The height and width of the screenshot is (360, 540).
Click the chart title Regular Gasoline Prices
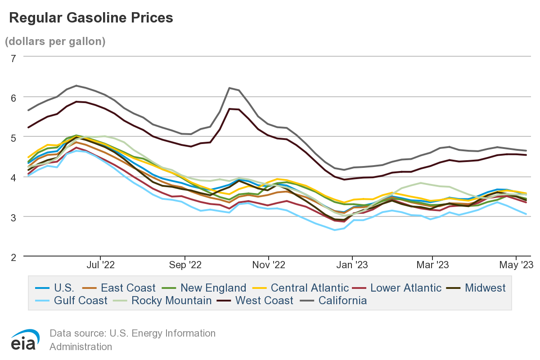[x=91, y=18]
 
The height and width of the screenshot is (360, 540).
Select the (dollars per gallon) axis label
[x=55, y=41]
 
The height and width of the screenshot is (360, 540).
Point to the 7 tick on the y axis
[x=13, y=58]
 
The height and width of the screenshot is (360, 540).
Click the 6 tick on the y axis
[x=13, y=97]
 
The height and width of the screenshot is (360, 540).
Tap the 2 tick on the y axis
[x=13, y=256]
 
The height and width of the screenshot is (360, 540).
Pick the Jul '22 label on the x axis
[x=100, y=265]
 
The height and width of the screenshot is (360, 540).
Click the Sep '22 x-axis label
[x=184, y=265]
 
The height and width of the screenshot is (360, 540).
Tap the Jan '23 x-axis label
[x=352, y=265]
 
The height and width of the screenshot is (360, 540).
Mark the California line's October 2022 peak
[x=229, y=88]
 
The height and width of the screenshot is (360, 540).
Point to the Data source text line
[x=132, y=333]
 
